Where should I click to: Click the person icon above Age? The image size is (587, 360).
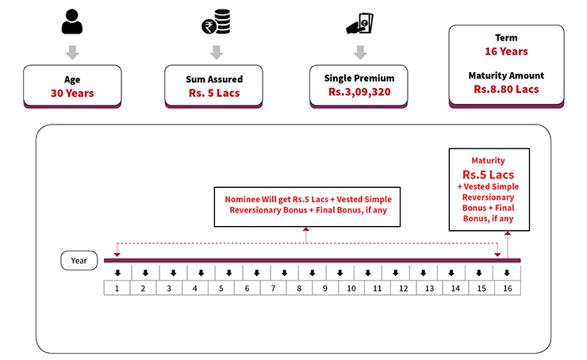72,23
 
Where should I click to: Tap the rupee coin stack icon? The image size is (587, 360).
214,23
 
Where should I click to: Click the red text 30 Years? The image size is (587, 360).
72,94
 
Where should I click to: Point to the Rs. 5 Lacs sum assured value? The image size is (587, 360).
215,94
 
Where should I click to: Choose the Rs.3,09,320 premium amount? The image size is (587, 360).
359,94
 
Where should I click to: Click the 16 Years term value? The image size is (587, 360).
506,52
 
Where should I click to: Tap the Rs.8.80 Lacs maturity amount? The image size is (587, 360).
506,90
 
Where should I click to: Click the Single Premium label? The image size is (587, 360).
359,79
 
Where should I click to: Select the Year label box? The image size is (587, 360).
79,260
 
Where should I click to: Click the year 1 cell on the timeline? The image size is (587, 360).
117,288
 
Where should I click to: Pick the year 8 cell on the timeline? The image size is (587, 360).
299,288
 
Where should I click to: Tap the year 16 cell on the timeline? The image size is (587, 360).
507,288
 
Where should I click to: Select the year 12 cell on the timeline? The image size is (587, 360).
403,288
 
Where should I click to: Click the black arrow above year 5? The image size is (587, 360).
221,273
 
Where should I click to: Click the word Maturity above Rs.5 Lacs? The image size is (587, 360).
488,160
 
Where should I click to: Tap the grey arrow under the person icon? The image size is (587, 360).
72,52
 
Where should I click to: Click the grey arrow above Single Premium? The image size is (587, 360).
359,52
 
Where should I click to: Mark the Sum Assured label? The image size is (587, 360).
215,79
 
